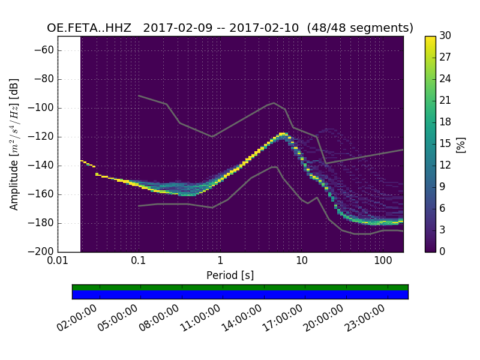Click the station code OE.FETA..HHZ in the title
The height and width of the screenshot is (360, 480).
[x=91, y=28]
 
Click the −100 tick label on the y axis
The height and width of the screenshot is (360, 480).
[x=40, y=108]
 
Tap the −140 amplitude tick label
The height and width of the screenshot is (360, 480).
[x=40, y=166]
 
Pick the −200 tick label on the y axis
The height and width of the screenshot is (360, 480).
[x=40, y=252]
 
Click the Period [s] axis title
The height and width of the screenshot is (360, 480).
[x=230, y=275]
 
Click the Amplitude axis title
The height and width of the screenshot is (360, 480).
[x=14, y=144]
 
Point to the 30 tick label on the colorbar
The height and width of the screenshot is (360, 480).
[x=446, y=36]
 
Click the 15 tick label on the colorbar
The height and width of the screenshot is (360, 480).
[x=446, y=144]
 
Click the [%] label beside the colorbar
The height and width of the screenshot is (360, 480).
[x=461, y=144]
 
